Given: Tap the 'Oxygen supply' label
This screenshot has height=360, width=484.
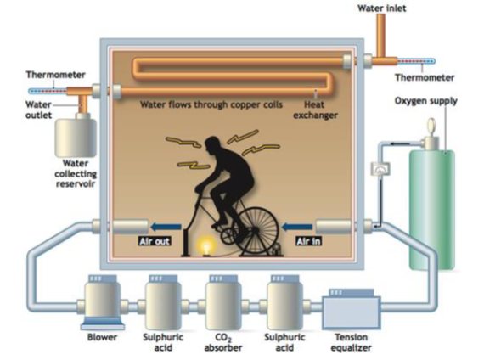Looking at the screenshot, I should tap(427, 101).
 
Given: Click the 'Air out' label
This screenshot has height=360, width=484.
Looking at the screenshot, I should tap(155, 241).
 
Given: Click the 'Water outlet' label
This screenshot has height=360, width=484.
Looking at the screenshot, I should tap(39, 110).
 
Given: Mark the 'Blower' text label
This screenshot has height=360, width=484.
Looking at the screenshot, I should tap(102, 336).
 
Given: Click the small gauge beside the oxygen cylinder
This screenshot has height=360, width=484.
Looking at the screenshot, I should tap(380, 169).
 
